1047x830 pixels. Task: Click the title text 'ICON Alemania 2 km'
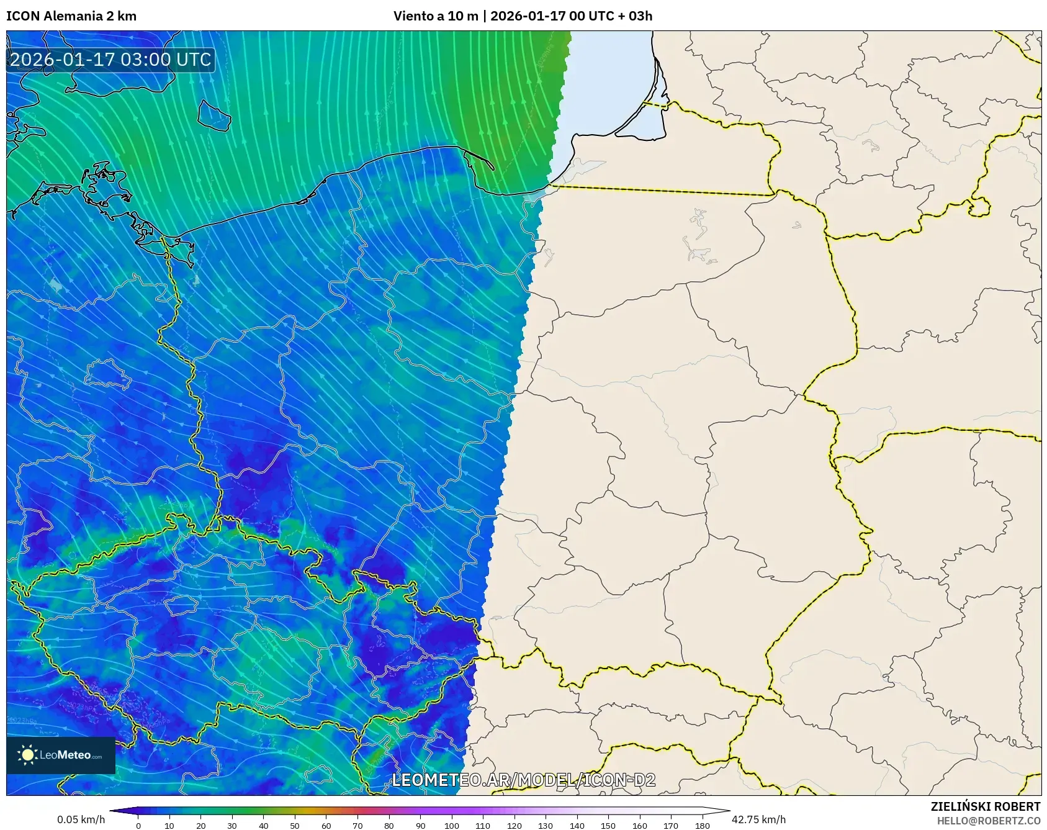point(71,16)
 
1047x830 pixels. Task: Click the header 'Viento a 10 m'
point(436,16)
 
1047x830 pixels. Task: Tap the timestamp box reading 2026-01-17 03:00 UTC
point(110,60)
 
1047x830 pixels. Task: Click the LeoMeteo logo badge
point(61,755)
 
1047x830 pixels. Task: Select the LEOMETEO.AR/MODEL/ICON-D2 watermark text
point(523,780)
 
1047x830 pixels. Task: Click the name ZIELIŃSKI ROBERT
point(985,806)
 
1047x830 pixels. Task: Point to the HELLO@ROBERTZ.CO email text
point(988,821)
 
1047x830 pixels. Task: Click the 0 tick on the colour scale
point(138,826)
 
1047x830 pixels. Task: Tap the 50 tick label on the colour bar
point(295,826)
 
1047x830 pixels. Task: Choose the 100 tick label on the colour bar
point(452,826)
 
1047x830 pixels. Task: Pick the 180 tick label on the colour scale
point(702,826)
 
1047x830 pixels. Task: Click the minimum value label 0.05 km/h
point(81,819)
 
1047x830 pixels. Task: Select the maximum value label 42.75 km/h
point(758,819)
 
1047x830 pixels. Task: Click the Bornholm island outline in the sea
point(213,115)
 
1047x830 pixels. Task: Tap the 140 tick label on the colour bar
point(577,826)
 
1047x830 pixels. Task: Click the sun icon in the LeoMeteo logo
point(28,755)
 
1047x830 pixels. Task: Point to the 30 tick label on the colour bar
point(232,826)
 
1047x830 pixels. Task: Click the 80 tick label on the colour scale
point(389,826)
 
